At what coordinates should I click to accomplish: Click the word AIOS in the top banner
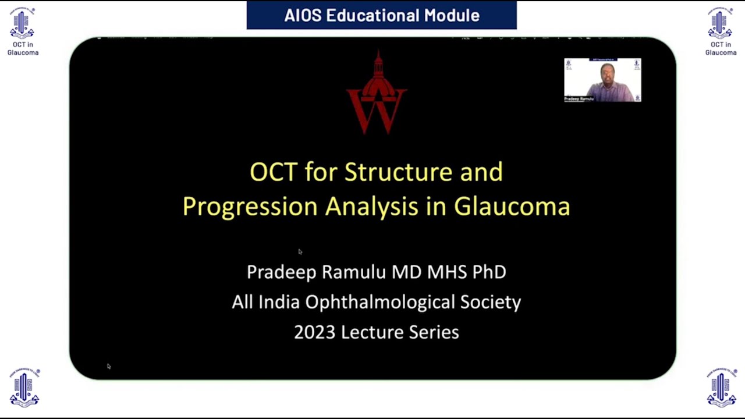(303, 15)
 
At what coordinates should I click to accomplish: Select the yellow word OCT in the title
(274, 172)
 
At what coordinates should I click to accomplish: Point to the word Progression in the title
(250, 207)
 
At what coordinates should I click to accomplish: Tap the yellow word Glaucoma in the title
(512, 207)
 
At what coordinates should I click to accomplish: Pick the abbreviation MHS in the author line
(439, 272)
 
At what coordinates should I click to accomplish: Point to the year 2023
(314, 332)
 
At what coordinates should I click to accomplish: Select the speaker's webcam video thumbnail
(602, 80)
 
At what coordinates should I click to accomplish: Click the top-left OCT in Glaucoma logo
(23, 32)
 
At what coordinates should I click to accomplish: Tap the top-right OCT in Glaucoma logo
(721, 32)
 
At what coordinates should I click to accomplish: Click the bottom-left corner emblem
(24, 388)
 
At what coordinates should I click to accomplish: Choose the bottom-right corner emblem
(721, 388)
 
